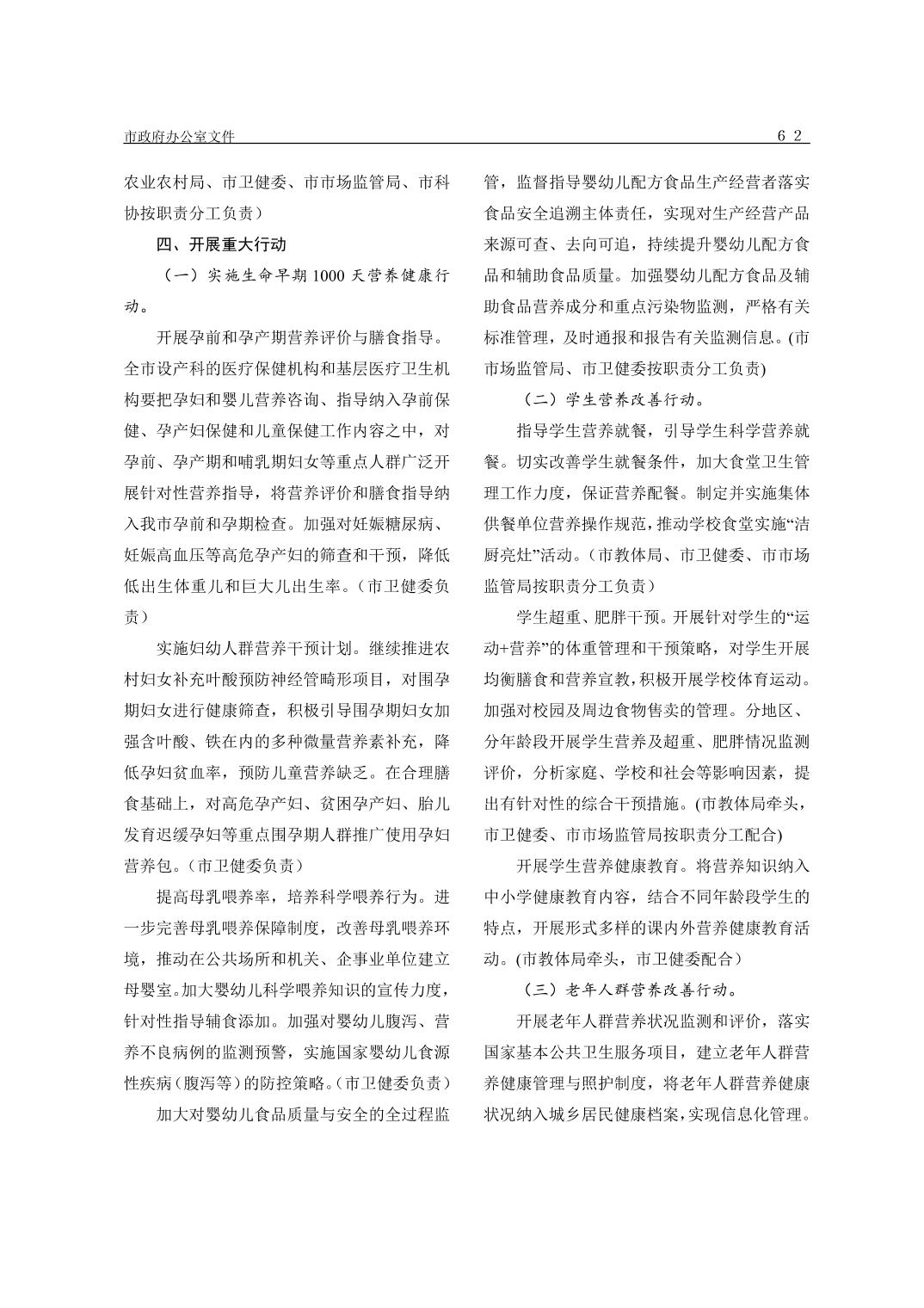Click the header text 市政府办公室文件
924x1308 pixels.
(179, 137)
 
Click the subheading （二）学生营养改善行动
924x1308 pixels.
(614, 399)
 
